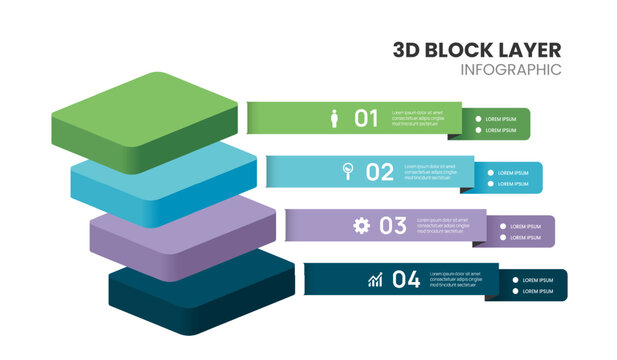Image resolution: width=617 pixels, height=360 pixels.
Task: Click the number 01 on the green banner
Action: coord(367,118)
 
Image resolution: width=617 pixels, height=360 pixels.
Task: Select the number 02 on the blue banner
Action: coord(380,172)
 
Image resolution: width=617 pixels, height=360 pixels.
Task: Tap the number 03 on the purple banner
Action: coord(392,226)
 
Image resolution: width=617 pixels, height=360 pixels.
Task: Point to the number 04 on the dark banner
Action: coord(405,280)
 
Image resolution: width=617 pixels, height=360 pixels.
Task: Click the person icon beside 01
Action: coord(335,118)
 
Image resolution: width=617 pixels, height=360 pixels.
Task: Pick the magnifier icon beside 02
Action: coord(348,171)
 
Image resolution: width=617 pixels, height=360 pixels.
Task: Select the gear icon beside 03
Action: coord(361,226)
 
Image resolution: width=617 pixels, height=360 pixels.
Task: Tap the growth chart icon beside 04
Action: coord(374,280)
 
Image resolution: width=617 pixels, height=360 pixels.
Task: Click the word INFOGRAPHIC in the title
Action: coord(511,70)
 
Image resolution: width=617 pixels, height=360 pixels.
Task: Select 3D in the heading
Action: coord(407,49)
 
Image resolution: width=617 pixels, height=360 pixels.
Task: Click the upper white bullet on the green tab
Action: coord(478,118)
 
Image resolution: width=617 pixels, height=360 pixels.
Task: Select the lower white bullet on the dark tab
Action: coord(516,291)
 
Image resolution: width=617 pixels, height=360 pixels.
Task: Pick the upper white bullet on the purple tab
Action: coord(503,226)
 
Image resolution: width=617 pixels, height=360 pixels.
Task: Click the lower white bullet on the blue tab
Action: coord(491,184)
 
